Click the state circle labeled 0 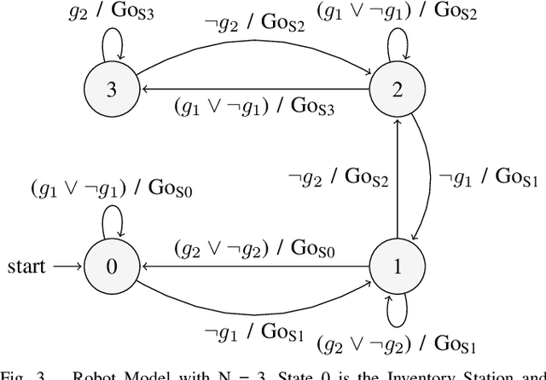coord(111,266)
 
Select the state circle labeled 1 coord(395,266)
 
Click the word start coord(27,266)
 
